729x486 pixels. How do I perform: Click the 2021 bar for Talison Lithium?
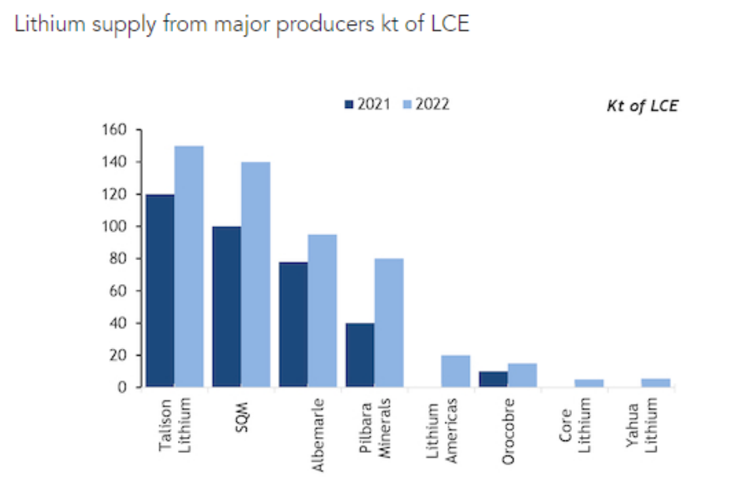160,291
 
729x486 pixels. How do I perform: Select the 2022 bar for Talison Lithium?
189,266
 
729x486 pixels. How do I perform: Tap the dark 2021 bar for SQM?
227,307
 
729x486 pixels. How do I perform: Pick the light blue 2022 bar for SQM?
255,274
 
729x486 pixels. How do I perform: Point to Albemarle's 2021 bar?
293,324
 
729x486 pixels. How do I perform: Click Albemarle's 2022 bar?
322,311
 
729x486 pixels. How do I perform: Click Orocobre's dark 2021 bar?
493,379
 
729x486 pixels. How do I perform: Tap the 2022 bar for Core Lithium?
589,383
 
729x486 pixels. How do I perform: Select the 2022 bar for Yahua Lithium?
655,383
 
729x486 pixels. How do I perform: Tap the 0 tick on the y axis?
122,387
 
